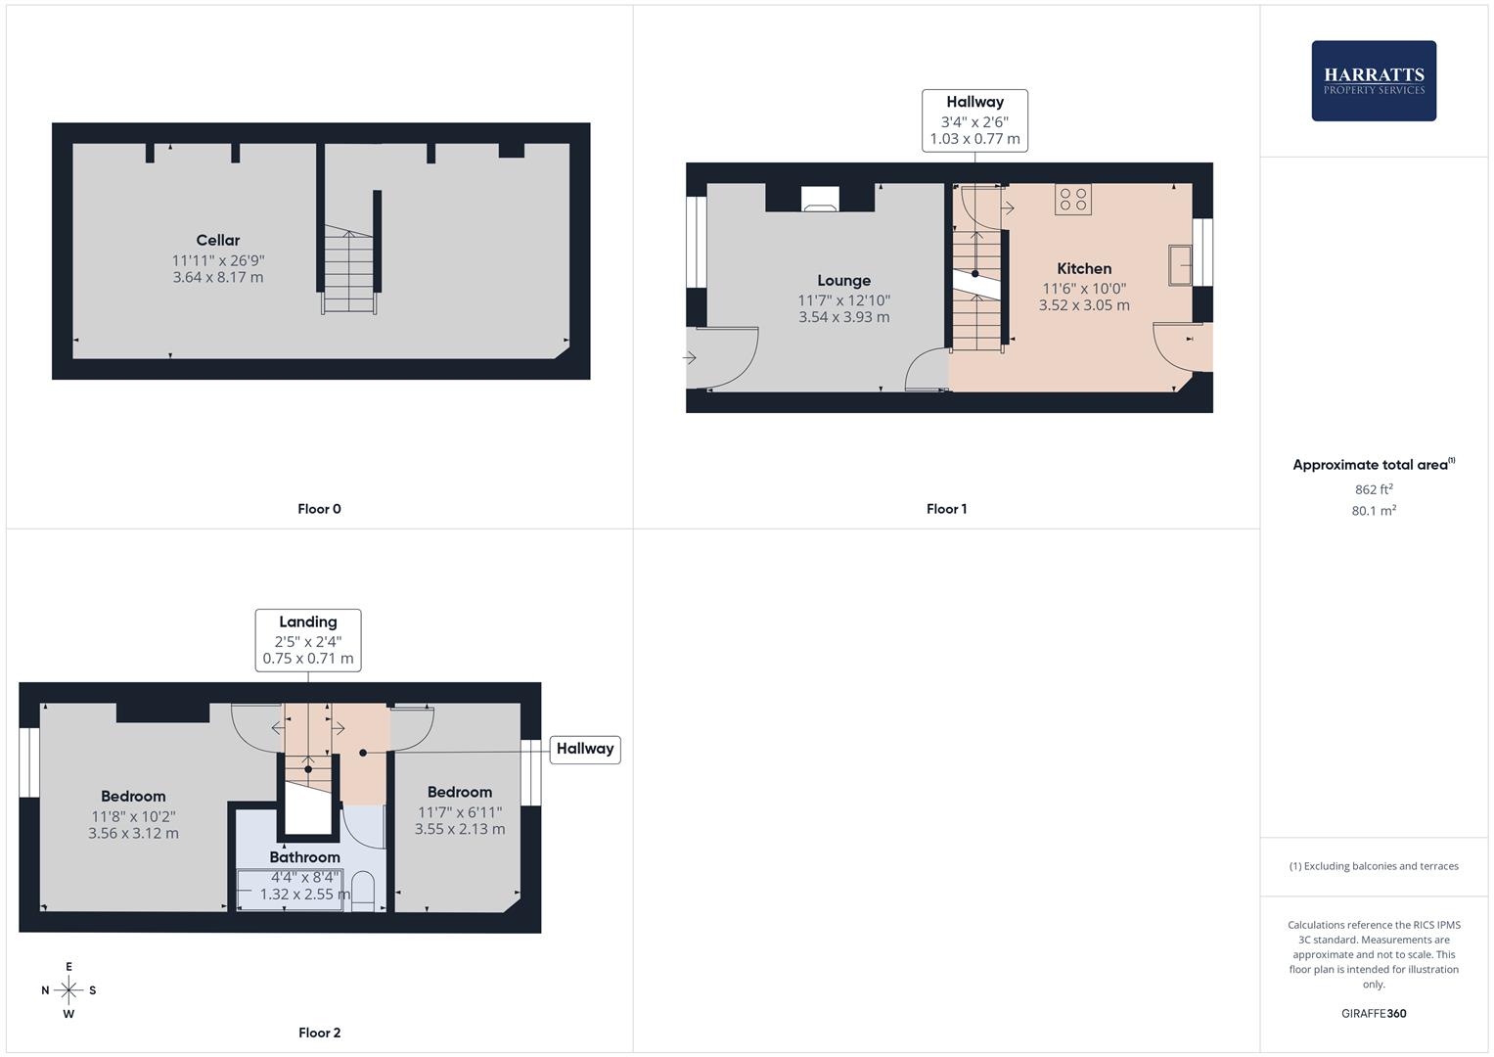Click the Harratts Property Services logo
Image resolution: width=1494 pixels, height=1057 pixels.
coord(1373,80)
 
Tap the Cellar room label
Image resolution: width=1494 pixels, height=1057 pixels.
coord(217,240)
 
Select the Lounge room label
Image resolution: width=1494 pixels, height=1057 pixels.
coord(843,280)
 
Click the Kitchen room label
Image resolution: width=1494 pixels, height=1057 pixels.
coord(1084,268)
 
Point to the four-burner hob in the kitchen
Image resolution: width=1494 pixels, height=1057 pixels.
coord(1073,200)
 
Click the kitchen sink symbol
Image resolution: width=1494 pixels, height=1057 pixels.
coord(1180,265)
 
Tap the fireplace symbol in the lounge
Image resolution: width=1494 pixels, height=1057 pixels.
coord(820,200)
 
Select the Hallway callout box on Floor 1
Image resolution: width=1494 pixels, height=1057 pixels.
coord(974,120)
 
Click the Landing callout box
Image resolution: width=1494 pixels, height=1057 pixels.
coord(308,640)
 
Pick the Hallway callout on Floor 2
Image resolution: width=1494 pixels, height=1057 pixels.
coord(585,749)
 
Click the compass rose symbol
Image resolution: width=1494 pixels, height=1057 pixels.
coord(68,990)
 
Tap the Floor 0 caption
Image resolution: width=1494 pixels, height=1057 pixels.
coord(319,509)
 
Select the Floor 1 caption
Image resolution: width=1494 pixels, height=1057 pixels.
coord(946,509)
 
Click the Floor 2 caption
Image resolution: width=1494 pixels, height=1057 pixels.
coord(319,1033)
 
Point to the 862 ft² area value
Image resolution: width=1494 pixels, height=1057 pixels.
coord(1374,489)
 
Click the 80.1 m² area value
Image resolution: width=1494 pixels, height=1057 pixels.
coord(1374,511)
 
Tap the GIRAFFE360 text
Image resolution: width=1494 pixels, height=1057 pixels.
coord(1374,1014)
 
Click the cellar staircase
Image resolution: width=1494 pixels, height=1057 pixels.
coord(349,271)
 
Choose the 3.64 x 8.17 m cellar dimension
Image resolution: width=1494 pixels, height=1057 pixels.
coord(217,278)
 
